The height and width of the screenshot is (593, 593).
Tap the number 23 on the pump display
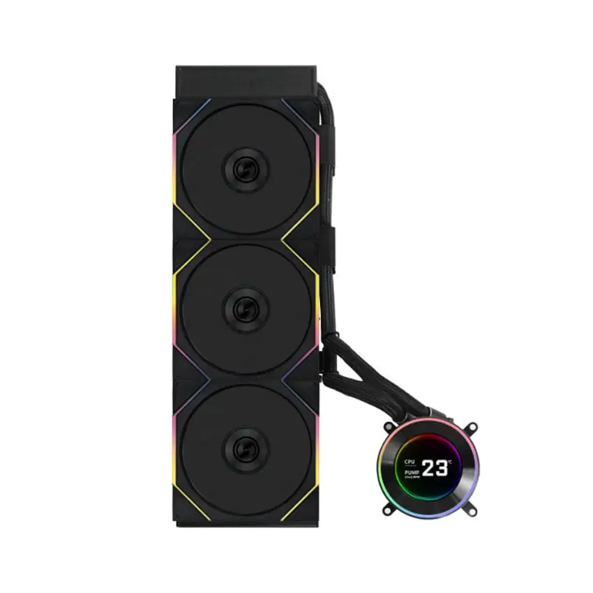pyautogui.click(x=434, y=468)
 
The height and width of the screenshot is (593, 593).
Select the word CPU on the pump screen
pyautogui.click(x=410, y=462)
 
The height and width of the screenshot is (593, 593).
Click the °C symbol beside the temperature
pyautogui.click(x=450, y=462)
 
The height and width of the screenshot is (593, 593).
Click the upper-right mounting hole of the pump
pyautogui.click(x=472, y=426)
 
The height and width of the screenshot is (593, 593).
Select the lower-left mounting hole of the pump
pyautogui.click(x=386, y=511)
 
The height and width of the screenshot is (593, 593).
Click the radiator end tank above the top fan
pyautogui.click(x=246, y=80)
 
